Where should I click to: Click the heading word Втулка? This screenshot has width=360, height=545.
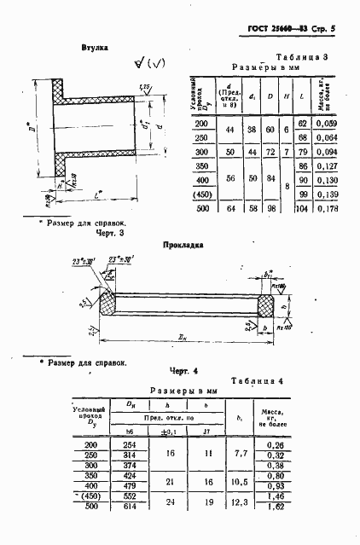click(94, 49)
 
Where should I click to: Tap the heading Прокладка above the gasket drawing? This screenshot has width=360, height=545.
click(183, 245)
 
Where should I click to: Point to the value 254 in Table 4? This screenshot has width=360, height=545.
click(130, 445)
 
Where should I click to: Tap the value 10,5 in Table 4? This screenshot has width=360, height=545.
click(238, 482)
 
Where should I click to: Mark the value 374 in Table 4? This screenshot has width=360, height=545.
click(130, 466)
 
